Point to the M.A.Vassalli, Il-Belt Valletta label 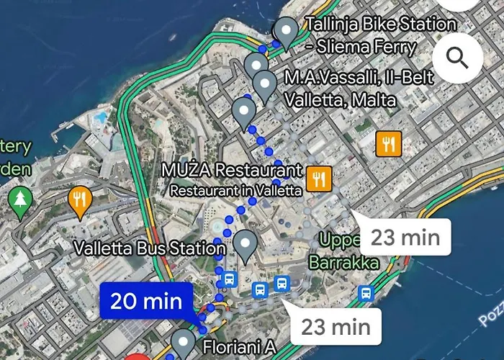click(359, 88)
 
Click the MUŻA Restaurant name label click(231, 171)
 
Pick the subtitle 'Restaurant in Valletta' click(235, 191)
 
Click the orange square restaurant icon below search click(388, 143)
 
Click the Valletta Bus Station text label click(150, 249)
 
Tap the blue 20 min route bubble click(146, 301)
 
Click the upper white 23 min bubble click(404, 236)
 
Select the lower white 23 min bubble click(335, 328)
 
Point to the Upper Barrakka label click(343, 251)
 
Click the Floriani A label click(239, 347)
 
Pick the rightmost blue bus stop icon click(366, 293)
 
